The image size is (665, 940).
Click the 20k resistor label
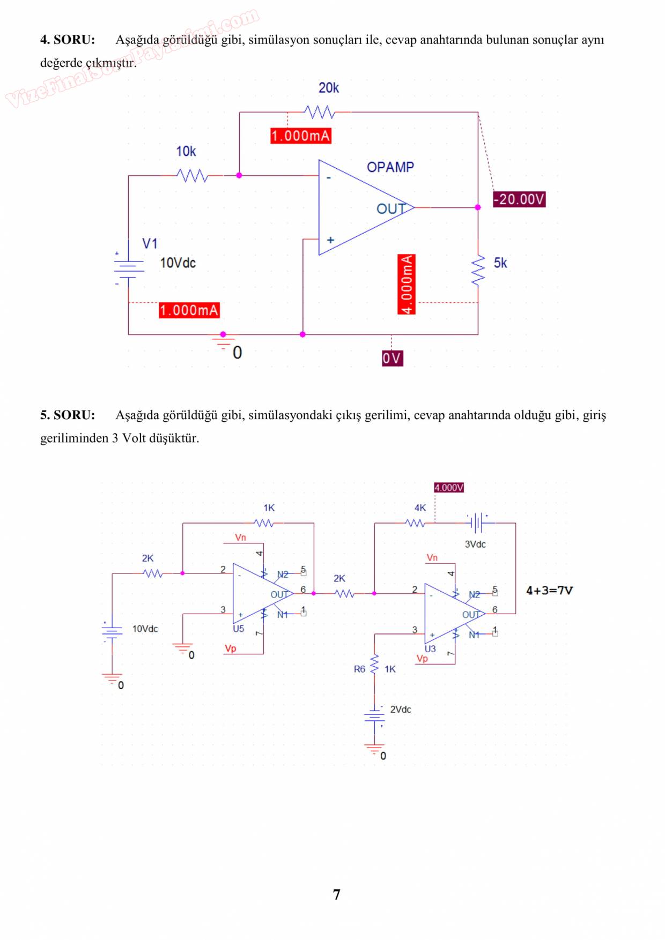(x=328, y=88)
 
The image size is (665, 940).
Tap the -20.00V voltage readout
(x=519, y=199)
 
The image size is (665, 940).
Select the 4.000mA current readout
(x=407, y=284)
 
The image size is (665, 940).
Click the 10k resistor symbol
(x=193, y=175)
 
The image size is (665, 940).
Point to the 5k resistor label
(x=500, y=263)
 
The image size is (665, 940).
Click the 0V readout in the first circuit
(x=392, y=358)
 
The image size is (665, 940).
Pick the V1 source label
(x=150, y=244)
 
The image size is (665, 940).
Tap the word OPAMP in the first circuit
(x=390, y=167)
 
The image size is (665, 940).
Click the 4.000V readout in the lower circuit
(x=449, y=488)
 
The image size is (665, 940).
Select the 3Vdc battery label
(x=475, y=544)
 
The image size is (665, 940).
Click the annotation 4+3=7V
(x=549, y=591)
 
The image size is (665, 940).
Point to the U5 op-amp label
(x=238, y=629)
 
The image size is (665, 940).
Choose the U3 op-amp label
(x=430, y=649)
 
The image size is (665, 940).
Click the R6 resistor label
(x=359, y=669)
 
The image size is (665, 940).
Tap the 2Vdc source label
(x=400, y=710)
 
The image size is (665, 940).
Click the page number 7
(x=336, y=894)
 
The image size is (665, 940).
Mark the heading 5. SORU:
(x=68, y=415)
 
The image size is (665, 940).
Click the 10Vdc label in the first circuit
(x=178, y=263)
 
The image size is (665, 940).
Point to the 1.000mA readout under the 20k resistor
(x=300, y=136)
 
